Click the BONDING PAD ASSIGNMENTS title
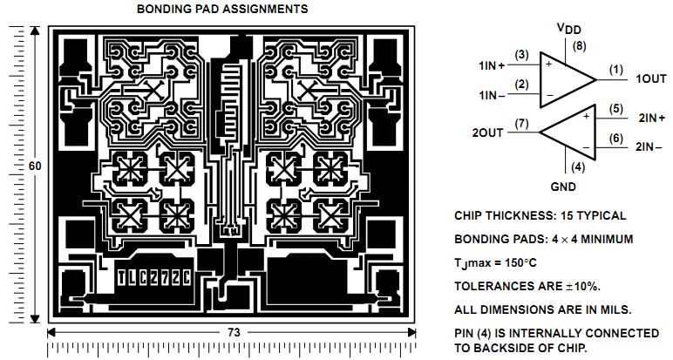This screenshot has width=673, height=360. [x=222, y=10]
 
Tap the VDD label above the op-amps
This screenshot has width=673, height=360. [x=568, y=29]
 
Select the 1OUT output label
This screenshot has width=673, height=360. [x=649, y=78]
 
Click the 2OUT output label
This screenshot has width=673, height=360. [x=488, y=132]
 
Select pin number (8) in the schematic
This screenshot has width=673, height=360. [x=577, y=45]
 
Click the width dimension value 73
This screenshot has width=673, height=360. [x=235, y=333]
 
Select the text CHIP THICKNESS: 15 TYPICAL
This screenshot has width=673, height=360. [x=540, y=215]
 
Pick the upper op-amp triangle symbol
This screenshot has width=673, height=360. [x=568, y=78]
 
